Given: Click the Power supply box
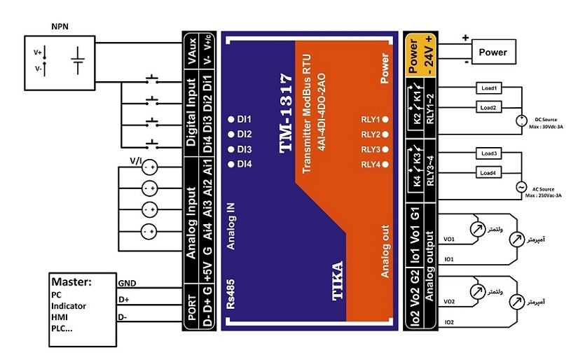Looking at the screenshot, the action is (494, 52).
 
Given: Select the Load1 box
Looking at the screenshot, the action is (489, 88).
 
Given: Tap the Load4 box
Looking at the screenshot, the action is (489, 173).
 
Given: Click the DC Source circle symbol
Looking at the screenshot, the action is (521, 120).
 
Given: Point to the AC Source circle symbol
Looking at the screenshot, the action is (521, 187).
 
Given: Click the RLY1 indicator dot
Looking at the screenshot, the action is (385, 119).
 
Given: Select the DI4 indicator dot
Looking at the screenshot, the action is (231, 165).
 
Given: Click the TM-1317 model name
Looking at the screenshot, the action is (286, 113).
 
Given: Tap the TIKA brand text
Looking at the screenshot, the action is (337, 281).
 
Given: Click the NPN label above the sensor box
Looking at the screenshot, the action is (60, 27).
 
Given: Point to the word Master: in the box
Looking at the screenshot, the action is (71, 282).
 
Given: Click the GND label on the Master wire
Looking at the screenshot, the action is (128, 283).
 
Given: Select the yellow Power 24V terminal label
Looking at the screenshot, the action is (420, 55).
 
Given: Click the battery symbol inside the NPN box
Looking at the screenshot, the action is (78, 60).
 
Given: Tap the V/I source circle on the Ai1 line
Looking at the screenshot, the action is (150, 168).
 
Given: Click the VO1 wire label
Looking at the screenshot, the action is (449, 239).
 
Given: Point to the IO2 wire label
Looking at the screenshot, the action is (449, 322).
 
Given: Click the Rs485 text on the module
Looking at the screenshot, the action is (230, 294).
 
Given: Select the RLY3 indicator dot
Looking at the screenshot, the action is (385, 149).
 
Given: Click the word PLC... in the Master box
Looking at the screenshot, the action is (62, 328).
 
